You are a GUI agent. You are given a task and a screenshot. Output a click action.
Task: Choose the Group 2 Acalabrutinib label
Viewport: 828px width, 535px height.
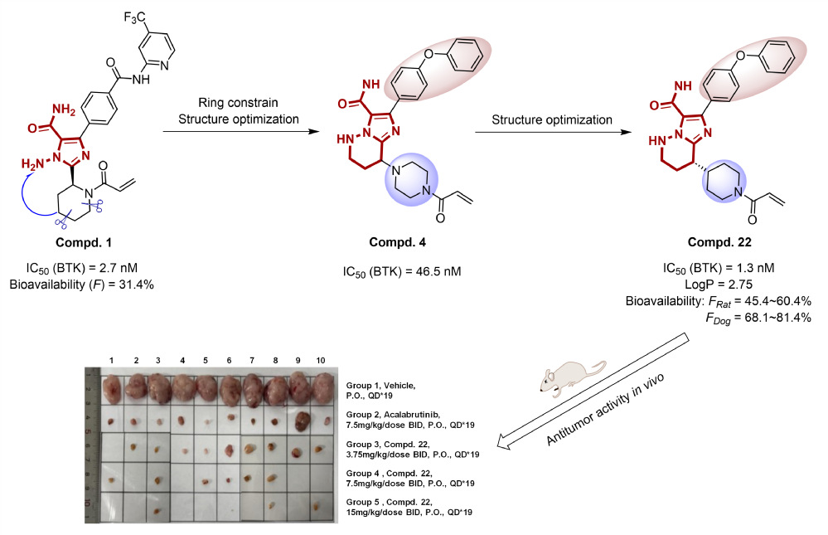pyautogui.click(x=395, y=418)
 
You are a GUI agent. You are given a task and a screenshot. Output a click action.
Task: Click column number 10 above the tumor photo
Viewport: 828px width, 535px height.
pyautogui.click(x=321, y=360)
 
